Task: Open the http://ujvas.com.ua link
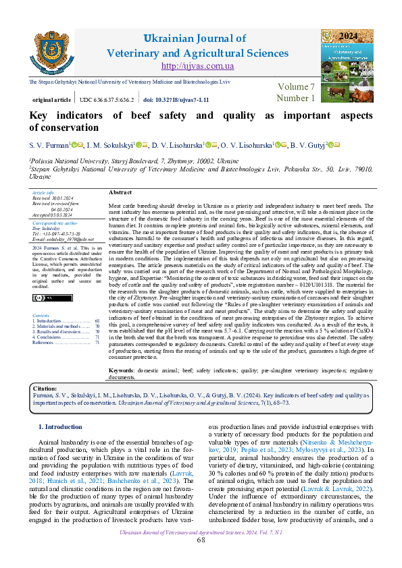click(x=197, y=65)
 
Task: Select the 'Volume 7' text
click(x=296, y=87)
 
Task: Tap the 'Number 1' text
click(x=296, y=98)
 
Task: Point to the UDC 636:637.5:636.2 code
click(x=106, y=99)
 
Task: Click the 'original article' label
click(x=51, y=99)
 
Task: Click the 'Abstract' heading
click(x=120, y=192)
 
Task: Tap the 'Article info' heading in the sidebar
click(x=43, y=193)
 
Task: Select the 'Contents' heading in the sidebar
click(x=41, y=315)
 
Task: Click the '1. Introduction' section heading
click(x=61, y=427)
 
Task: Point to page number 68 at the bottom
click(x=201, y=559)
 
